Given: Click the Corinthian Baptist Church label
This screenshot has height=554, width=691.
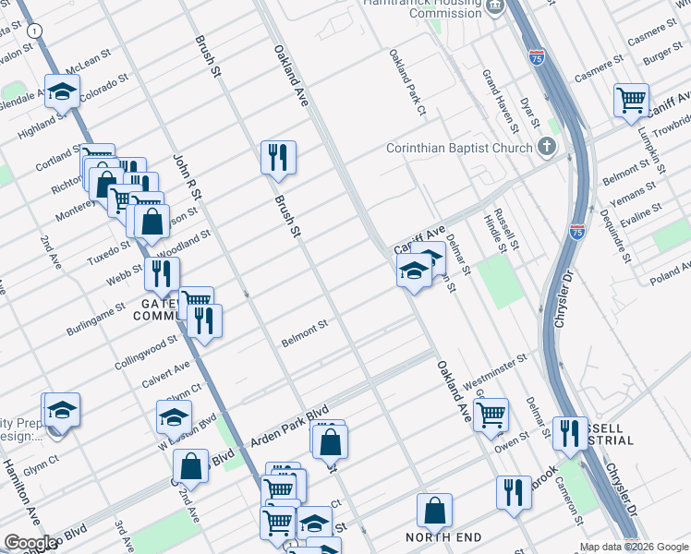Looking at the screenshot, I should pyautogui.click(x=459, y=148).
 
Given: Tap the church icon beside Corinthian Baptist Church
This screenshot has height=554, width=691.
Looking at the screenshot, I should pyautogui.click(x=548, y=147).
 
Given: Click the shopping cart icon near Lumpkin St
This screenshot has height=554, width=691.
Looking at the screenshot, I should pyautogui.click(x=631, y=98).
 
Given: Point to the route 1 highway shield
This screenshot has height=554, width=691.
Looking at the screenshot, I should pyautogui.click(x=35, y=30).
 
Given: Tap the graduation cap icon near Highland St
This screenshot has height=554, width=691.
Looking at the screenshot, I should pyautogui.click(x=62, y=92).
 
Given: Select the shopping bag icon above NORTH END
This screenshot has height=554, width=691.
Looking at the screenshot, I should pyautogui.click(x=434, y=510).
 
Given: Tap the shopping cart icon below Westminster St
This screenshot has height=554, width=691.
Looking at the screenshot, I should pyautogui.click(x=491, y=413).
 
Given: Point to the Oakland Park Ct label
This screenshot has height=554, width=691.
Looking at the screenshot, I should pyautogui.click(x=406, y=83).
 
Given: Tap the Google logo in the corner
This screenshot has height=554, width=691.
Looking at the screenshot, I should pyautogui.click(x=30, y=543).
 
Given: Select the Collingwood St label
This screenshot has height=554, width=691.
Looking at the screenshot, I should pyautogui.click(x=147, y=351).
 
